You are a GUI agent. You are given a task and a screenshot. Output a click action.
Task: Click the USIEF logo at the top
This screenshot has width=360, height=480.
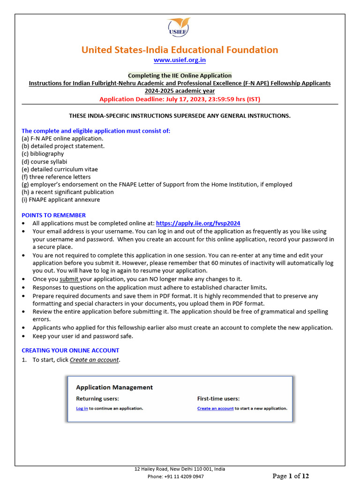tap(179, 28)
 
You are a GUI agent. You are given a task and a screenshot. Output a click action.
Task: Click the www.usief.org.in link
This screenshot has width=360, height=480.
tap(180, 60)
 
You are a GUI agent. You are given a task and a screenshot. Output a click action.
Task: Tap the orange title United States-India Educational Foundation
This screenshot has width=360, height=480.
tap(180, 50)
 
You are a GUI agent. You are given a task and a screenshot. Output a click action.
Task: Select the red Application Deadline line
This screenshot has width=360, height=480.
tap(180, 99)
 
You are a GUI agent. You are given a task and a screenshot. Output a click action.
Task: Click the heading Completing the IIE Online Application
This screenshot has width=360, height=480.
tap(180, 75)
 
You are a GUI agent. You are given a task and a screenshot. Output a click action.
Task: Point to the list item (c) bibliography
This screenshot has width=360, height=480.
tap(43, 154)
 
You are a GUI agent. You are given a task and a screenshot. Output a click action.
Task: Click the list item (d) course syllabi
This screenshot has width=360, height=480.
tap(44, 162)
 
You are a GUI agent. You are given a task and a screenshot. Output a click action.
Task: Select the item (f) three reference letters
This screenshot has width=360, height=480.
tap(56, 177)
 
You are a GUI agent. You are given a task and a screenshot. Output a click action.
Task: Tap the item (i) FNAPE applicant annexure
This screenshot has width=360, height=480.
tap(60, 200)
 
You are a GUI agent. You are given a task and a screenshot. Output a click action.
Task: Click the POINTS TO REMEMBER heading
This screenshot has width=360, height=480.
tap(47, 215)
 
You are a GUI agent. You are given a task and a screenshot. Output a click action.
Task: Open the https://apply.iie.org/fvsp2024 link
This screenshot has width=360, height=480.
tap(198, 224)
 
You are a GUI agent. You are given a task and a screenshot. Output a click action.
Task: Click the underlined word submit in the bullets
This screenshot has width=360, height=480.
tap(69, 279)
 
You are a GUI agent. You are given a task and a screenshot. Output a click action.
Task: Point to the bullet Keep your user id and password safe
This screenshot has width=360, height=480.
tap(82, 336)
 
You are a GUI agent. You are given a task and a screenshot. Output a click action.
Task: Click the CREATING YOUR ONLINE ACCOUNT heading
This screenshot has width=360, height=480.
tap(70, 350)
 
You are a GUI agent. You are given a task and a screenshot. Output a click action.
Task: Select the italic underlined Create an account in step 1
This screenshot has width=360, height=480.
tap(94, 360)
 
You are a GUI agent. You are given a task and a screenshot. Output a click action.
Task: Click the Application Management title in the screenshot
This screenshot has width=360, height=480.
tap(114, 387)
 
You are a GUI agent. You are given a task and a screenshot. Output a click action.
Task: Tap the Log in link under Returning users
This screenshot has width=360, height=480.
tap(82, 408)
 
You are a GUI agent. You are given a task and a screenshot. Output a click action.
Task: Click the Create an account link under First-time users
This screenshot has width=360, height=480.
tap(215, 408)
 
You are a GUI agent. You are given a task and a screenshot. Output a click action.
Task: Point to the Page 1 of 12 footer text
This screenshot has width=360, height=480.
tap(291, 476)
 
